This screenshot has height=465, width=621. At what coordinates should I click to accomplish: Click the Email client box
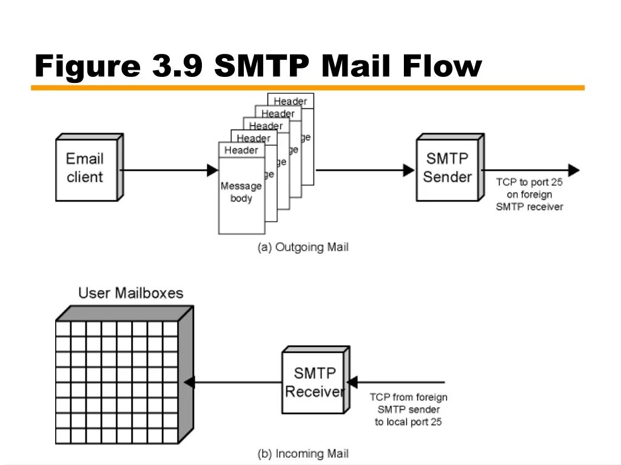coord(86,168)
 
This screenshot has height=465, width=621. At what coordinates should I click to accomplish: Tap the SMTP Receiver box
coord(314,382)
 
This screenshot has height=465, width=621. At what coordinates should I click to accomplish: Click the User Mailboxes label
coord(130,294)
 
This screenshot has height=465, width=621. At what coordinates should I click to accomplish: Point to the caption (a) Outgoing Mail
coord(303,247)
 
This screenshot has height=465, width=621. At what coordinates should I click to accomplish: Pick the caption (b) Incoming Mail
coord(303,453)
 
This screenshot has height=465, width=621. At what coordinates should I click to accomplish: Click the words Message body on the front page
coord(241,192)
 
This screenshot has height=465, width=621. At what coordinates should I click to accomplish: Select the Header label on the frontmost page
coord(241,150)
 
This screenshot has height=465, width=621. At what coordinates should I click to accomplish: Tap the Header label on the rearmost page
coord(290,101)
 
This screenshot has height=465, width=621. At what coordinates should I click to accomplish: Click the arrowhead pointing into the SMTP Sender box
coord(409,170)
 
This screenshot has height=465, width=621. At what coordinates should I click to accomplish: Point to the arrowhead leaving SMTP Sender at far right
coord(574,170)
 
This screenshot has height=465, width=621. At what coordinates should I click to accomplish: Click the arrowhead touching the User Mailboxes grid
coord(189,383)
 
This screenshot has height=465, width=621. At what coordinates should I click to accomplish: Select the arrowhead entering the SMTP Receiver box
coord(352,383)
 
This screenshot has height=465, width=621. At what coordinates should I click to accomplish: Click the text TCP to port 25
coord(529,182)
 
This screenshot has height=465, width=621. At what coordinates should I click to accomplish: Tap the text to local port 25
coord(408,422)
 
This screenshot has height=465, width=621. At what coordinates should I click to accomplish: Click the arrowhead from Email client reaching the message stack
coord(213,170)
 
